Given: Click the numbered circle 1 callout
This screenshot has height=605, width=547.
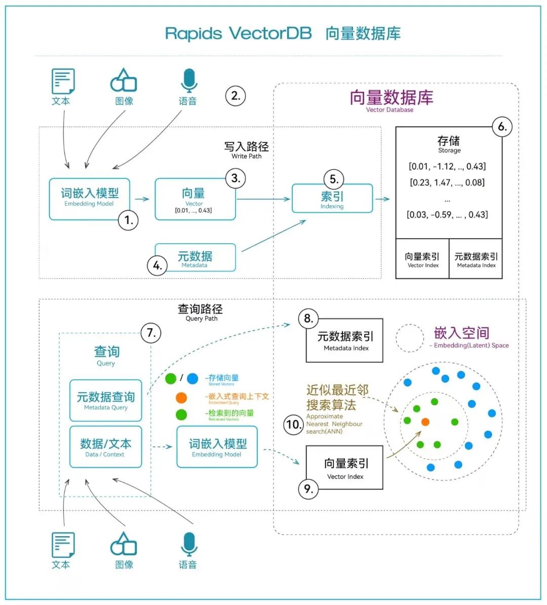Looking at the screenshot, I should (x=128, y=220).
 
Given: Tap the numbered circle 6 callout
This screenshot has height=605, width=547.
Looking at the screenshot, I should (x=502, y=127).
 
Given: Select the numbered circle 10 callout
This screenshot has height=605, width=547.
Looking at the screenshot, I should (x=293, y=424).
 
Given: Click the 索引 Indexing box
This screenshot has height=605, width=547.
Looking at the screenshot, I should (x=332, y=199).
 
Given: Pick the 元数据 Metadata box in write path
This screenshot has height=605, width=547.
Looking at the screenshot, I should (x=195, y=258).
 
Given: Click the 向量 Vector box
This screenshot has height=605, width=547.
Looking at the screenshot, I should (x=194, y=199).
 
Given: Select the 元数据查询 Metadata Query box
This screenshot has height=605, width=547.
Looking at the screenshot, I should (x=106, y=400).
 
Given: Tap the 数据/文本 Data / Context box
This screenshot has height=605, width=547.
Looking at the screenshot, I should (x=106, y=447).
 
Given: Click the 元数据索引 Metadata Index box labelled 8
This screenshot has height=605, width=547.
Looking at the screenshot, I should (x=345, y=341).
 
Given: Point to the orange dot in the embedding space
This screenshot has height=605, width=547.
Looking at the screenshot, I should (x=425, y=422).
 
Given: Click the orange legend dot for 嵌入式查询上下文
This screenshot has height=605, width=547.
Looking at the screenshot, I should (x=181, y=398).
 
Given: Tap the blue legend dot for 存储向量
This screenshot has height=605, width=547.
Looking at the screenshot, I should (x=192, y=379).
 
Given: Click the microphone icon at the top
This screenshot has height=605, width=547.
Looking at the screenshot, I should (x=188, y=81).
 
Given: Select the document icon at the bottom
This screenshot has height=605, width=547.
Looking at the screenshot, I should (x=63, y=545).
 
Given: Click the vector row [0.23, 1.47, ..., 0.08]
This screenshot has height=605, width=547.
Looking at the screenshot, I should (x=447, y=182).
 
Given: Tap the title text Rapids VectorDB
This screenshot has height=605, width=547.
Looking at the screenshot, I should (x=238, y=34).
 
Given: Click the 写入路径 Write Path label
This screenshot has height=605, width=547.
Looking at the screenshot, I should (x=247, y=149).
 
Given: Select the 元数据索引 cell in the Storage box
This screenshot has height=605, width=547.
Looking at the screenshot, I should (x=476, y=259).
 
